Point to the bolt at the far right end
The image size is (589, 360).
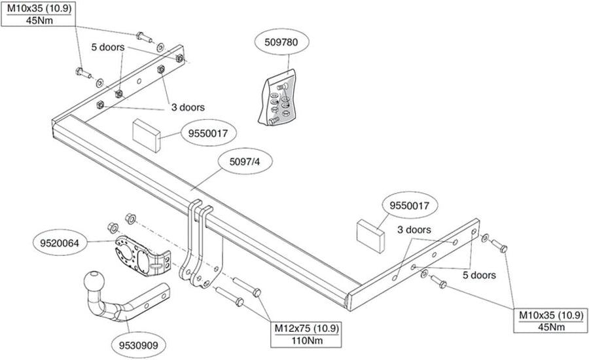[x=499, y=246]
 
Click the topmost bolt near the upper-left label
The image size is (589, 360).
[x=143, y=36]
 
